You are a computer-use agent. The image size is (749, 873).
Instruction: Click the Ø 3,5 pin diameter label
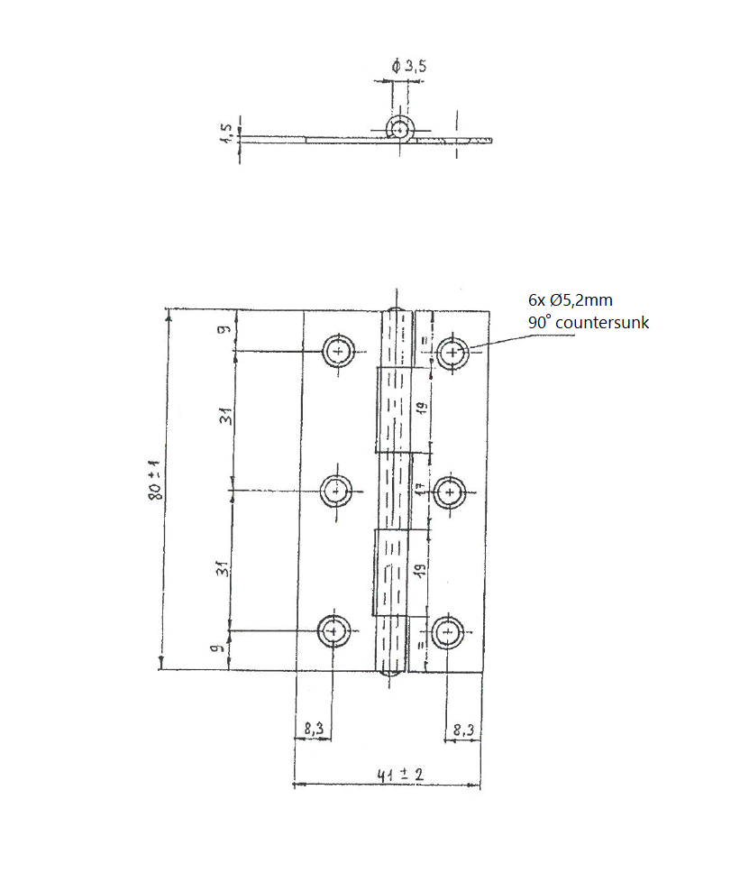tap(409, 67)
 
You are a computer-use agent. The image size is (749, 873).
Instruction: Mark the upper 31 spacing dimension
tap(225, 417)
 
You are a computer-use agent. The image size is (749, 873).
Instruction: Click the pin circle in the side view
tap(399, 128)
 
